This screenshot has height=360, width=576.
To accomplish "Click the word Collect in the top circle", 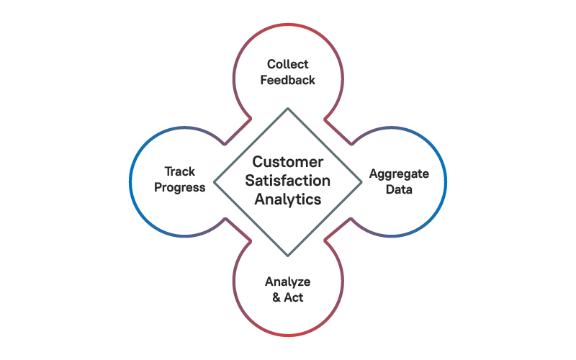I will click(288, 64).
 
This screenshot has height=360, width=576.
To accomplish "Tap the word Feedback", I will click(288, 80).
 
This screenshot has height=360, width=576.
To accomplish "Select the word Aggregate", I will click(399, 174).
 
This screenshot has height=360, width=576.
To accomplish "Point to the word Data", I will click(399, 189).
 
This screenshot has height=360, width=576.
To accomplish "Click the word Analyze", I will click(288, 282).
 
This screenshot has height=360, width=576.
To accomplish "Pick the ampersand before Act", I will click(277, 297).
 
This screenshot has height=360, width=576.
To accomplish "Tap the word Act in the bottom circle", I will click(294, 297).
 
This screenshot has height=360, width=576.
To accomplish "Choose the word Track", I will click(180, 171).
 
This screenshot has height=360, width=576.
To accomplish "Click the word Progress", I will click(180, 187).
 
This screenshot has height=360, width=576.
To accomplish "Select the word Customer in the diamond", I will click(288, 162).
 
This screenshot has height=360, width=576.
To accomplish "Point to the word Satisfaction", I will click(288, 181).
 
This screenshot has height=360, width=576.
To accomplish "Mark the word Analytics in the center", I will click(288, 199).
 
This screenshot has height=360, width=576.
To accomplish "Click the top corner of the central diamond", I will click(288, 109).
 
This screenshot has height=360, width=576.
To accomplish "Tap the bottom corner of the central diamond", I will click(288, 256).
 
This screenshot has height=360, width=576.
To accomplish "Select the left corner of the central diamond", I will click(215, 182).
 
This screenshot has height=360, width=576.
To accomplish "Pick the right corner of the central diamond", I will click(361, 182).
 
